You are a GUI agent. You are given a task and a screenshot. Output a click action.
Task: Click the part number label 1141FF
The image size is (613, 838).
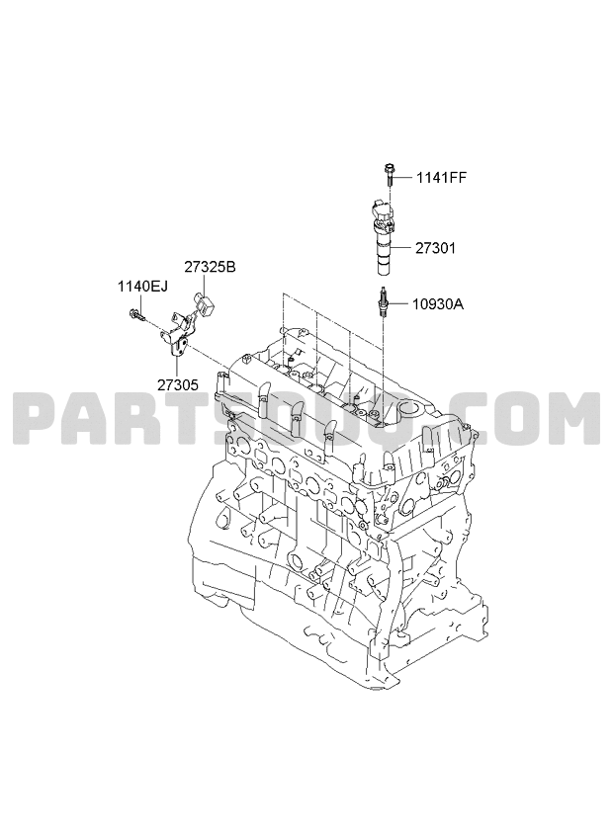tap(441, 178)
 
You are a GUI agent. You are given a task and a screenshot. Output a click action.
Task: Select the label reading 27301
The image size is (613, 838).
tap(435, 248)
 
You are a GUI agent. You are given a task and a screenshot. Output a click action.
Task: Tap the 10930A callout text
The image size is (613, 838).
tap(438, 304)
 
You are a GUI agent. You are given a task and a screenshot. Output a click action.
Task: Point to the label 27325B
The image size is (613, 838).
tap(210, 267)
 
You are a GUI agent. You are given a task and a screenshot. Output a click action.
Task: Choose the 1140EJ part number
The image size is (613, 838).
tap(142, 287)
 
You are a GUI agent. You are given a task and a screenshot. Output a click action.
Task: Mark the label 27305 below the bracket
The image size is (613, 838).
tap(178, 384)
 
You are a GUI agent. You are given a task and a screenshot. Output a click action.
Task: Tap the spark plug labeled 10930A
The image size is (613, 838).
tap(384, 303)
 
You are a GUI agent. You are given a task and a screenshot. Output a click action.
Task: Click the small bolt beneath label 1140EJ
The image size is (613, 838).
tap(136, 317)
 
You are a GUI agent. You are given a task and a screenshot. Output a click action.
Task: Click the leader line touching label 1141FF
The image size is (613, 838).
tap(404, 178)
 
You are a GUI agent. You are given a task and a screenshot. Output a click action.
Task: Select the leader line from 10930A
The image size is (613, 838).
tap(399, 304)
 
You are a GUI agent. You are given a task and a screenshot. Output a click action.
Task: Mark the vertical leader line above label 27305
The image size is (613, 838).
tap(178, 365)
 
